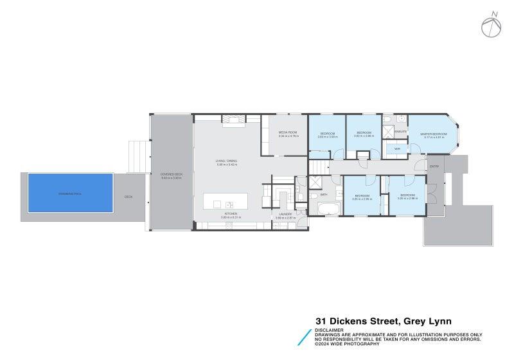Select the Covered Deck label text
(x=171, y=175)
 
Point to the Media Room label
(x=287, y=132)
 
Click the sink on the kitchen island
(x=228, y=204)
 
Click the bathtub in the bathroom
(x=327, y=209)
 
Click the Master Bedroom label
(x=434, y=134)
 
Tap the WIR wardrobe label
(x=396, y=148)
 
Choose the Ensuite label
(x=400, y=131)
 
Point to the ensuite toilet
(x=387, y=120)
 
